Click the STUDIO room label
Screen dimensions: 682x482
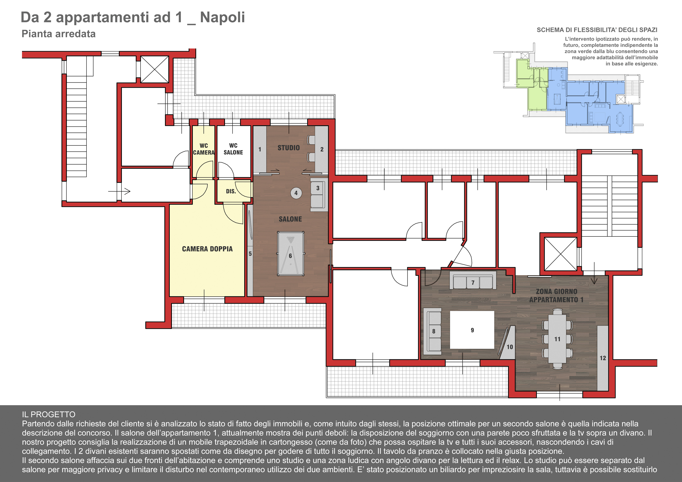(x=288, y=148)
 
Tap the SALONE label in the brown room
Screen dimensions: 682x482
(x=290, y=219)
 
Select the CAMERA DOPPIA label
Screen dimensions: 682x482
(x=207, y=249)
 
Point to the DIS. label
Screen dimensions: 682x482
(x=231, y=191)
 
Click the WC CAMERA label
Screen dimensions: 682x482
(x=204, y=149)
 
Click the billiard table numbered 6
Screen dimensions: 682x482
(x=290, y=254)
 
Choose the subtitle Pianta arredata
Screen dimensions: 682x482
(x=59, y=34)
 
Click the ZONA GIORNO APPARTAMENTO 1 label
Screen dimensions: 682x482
(x=556, y=296)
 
